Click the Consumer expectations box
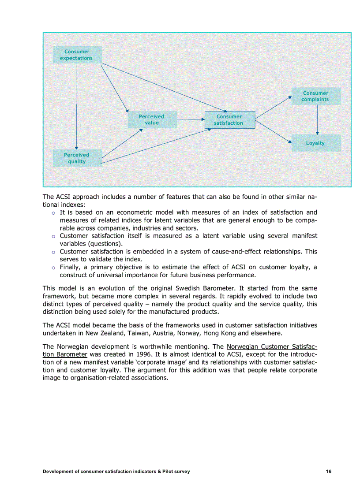(77, 55)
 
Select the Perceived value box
(152, 119)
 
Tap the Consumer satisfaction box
(229, 120)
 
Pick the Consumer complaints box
(315, 96)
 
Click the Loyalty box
(315, 143)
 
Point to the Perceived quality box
(77, 158)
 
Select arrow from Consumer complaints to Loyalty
(317, 119)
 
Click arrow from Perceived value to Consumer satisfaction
(191, 119)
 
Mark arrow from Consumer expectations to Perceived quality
(76, 106)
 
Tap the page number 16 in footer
(329, 472)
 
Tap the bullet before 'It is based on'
(53, 213)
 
